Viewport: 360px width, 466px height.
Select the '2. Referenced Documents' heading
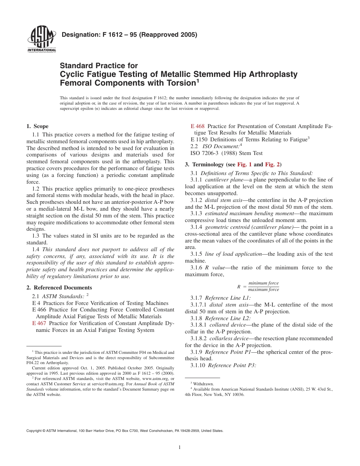click(x=59, y=288)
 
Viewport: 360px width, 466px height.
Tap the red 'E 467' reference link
click(x=39, y=323)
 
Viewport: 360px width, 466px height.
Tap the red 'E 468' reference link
click(x=198, y=126)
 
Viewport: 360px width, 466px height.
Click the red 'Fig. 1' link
click(x=244, y=164)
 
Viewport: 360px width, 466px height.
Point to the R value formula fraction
click(x=263, y=286)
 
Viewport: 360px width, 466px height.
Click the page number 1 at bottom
click(x=180, y=447)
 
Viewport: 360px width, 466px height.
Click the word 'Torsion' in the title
click(x=178, y=83)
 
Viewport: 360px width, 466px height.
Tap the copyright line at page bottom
click(x=125, y=430)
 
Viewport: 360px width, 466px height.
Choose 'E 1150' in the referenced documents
click(x=199, y=139)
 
